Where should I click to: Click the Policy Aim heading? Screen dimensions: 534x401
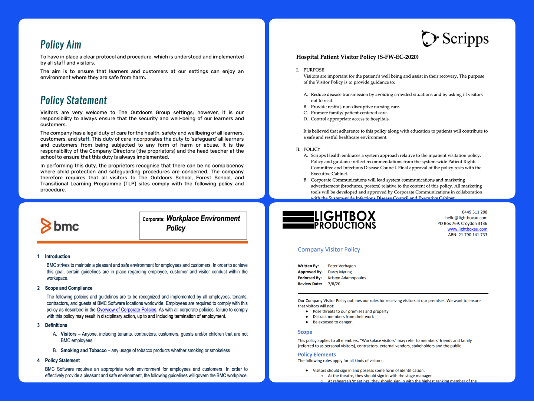click(x=61, y=45)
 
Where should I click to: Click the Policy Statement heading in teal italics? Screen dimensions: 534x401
click(x=73, y=101)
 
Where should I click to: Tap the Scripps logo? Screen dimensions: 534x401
click(x=455, y=39)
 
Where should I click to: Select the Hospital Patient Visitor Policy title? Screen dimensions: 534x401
click(x=357, y=57)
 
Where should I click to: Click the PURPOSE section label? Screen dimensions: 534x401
click(x=314, y=70)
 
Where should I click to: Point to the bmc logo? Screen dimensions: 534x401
click(x=60, y=226)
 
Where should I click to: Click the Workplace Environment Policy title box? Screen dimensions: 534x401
click(x=193, y=225)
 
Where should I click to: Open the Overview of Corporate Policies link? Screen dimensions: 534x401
click(x=126, y=310)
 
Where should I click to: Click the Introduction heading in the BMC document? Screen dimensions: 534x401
click(x=57, y=257)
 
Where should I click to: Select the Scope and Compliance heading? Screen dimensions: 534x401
click(x=69, y=288)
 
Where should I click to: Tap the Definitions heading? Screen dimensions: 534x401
click(x=56, y=325)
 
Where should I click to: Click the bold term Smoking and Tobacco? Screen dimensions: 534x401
click(x=83, y=351)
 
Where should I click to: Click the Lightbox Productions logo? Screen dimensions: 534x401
click(x=329, y=220)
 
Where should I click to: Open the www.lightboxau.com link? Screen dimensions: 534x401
click(x=467, y=229)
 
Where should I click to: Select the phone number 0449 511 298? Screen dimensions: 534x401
click(x=474, y=212)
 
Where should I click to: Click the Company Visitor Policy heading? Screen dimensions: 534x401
click(x=329, y=250)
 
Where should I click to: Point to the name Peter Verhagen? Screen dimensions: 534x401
click(x=342, y=266)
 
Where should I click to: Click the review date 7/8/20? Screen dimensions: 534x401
click(x=334, y=284)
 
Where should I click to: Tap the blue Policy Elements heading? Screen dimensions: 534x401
click(x=317, y=355)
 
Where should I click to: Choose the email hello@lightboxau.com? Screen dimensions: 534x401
click(x=466, y=218)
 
